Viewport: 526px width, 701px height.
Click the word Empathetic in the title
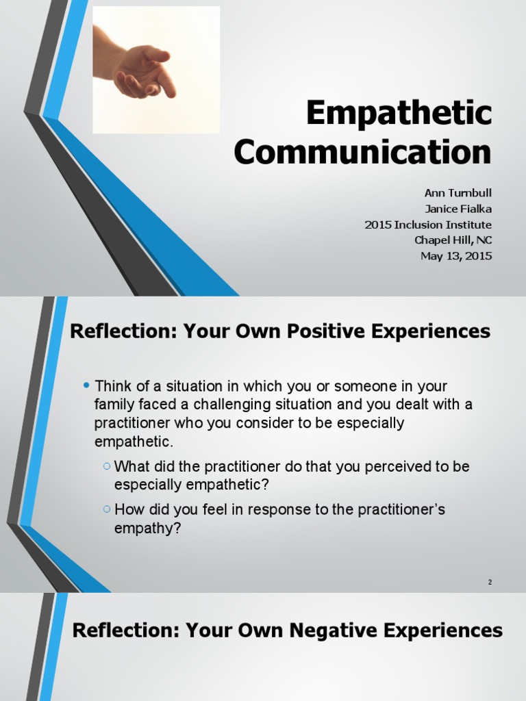(x=399, y=113)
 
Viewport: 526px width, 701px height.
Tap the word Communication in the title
(x=362, y=151)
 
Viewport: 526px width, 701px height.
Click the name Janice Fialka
(x=458, y=209)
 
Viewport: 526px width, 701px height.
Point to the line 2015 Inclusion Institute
(x=428, y=225)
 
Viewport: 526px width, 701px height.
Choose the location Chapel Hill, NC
(x=453, y=240)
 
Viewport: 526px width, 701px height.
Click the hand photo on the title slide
(x=156, y=70)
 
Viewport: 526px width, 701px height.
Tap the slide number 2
(x=490, y=582)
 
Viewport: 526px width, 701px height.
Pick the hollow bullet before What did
(x=106, y=467)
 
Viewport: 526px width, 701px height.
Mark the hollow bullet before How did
(x=106, y=510)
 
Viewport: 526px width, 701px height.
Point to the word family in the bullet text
(x=112, y=405)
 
